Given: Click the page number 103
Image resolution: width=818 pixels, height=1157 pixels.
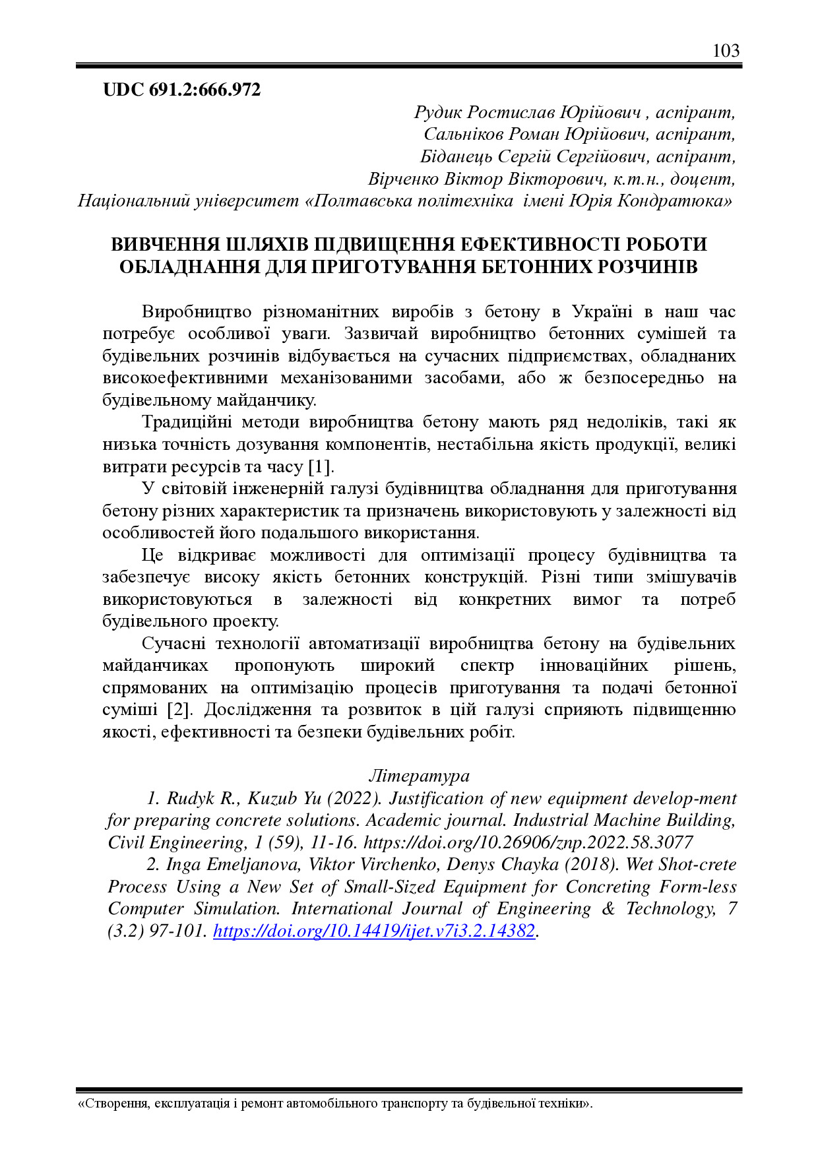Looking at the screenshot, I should [726, 51].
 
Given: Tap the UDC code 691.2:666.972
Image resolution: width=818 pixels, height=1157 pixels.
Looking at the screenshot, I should [182, 90].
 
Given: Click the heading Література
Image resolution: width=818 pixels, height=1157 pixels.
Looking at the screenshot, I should [419, 776].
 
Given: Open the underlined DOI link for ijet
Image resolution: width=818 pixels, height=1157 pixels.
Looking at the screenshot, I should [374, 931].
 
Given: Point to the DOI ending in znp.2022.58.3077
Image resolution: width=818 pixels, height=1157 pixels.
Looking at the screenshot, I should [528, 843].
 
